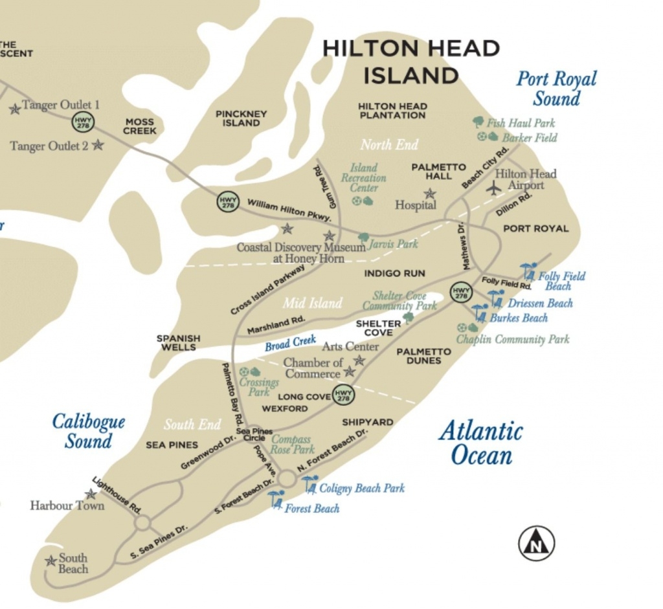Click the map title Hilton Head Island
click(411, 61)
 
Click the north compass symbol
click(536, 543)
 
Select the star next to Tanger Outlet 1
click(14, 109)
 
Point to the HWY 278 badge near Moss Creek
click(83, 121)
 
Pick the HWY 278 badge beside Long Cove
click(344, 395)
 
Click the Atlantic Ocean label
click(480, 443)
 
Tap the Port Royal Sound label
click(556, 89)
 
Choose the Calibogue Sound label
click(88, 432)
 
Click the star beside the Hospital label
click(429, 194)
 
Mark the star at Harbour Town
click(91, 494)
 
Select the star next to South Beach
click(51, 560)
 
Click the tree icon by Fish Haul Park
click(478, 122)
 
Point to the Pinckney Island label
click(241, 118)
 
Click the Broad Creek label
click(290, 343)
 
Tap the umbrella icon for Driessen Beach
click(496, 298)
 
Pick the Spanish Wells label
click(178, 342)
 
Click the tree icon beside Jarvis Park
click(363, 239)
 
